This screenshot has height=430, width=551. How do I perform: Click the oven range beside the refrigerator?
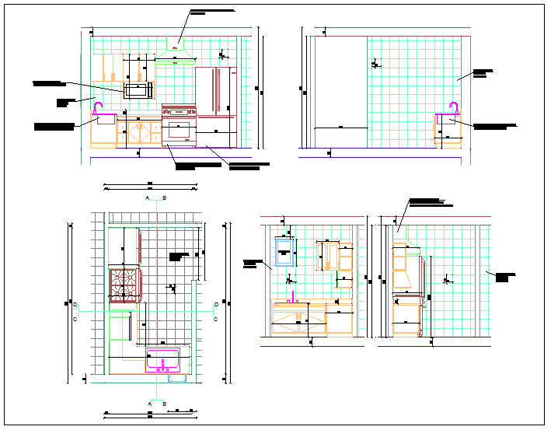coord(179,125)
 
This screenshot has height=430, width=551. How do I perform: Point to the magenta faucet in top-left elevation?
coord(99,107)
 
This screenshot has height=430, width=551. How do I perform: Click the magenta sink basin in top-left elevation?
coord(104,119)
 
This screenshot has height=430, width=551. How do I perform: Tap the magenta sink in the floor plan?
coord(163,362)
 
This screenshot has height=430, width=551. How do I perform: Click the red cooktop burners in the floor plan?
coord(123,284)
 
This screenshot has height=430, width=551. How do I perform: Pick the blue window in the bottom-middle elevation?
coord(284,252)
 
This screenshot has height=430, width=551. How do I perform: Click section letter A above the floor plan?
coord(147,199)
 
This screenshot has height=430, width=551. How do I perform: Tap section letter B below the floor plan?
coord(164,404)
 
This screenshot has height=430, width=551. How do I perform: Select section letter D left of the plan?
coord(75,305)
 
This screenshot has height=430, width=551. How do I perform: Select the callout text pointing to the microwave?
coord(48,82)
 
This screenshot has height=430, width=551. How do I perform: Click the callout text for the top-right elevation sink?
coord(494,126)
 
